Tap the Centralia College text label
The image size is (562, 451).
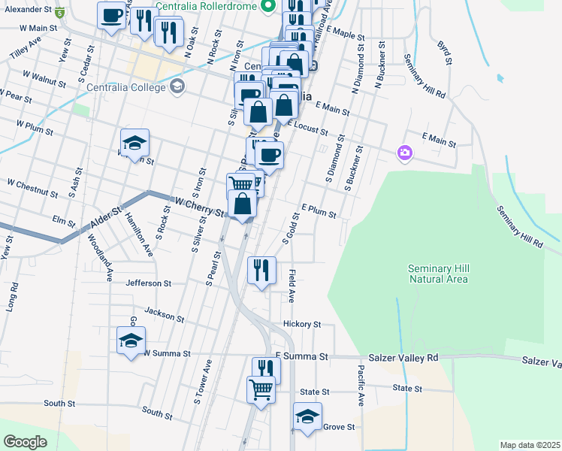tap(125, 87)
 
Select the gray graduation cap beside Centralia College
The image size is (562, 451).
tap(177, 87)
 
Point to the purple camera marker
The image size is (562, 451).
tap(405, 153)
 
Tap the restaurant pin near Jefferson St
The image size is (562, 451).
tap(261, 271)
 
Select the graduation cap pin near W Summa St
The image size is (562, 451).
tap(131, 340)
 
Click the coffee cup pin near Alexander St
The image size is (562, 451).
tap(111, 15)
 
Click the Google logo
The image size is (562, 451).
tap(25, 442)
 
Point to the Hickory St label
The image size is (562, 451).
tap(302, 325)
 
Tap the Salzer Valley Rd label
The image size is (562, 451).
tap(403, 359)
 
